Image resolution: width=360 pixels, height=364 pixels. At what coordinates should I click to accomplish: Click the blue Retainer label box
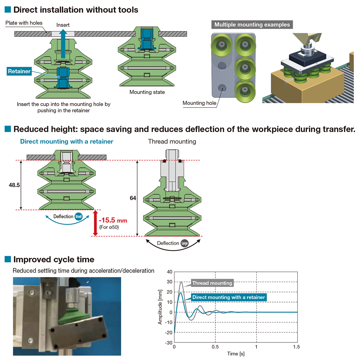click(19, 71)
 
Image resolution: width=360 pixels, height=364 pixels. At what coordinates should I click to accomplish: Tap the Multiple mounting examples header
click(252, 25)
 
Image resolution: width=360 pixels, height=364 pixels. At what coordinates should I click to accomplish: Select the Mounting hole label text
click(199, 103)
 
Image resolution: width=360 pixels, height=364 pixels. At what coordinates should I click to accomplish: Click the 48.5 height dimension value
click(14, 185)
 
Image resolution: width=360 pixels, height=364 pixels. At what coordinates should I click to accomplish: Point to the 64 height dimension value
click(133, 198)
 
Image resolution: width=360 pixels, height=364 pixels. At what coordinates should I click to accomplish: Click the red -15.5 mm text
click(113, 220)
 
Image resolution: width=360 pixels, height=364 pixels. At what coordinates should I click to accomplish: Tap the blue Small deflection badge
click(79, 217)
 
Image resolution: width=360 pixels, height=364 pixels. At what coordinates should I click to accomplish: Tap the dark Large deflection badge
click(184, 243)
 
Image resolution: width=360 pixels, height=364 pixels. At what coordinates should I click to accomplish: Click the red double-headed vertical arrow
click(95, 223)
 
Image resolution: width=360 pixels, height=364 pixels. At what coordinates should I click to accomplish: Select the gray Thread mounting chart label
click(212, 283)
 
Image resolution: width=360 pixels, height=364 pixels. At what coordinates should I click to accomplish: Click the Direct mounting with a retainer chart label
click(228, 297)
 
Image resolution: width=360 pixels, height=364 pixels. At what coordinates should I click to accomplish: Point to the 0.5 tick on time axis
click(215, 347)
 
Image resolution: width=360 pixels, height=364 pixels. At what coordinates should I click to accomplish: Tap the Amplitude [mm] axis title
click(160, 307)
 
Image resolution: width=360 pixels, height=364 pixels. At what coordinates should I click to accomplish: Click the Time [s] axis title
click(236, 354)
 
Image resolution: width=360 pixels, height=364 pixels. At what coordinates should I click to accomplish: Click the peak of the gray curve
click(181, 282)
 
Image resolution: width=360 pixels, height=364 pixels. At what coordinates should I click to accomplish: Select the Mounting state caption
click(147, 92)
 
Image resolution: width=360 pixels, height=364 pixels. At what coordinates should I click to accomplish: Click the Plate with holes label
click(24, 23)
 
